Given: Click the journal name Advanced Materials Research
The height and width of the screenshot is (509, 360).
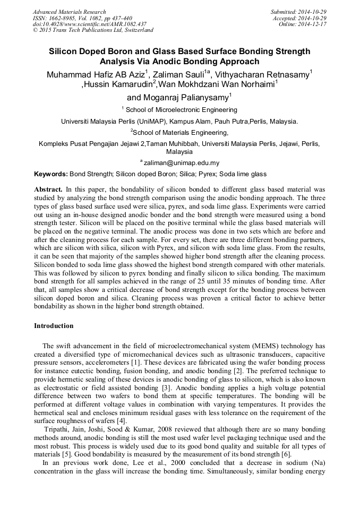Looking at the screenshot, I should point(70,12).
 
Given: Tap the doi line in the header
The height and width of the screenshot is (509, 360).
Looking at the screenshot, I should point(90,24).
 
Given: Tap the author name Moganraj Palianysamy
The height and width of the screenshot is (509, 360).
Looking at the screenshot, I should point(177,98).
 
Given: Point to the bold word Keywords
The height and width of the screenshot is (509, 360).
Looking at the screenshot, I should point(51,174).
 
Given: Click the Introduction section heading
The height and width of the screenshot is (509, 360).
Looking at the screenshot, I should point(54,325).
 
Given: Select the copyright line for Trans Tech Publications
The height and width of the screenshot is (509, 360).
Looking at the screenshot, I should point(93,30).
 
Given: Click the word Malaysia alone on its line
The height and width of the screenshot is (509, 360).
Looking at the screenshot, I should point(179,151).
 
